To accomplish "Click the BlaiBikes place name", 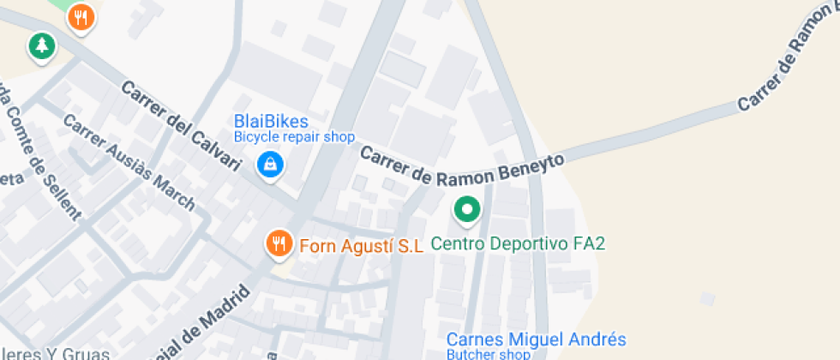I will (x=271, y=122).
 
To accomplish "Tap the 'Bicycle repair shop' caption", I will (x=294, y=137).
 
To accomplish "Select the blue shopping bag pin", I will (x=271, y=165).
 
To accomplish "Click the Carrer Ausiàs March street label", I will (x=129, y=163).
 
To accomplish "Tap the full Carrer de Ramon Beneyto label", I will (x=462, y=168).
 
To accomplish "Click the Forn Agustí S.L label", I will (x=361, y=246).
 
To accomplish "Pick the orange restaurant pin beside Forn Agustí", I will (x=278, y=243).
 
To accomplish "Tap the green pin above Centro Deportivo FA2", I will (x=466, y=209).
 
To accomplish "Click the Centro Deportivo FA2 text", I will (x=518, y=244).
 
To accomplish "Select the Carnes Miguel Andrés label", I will (x=536, y=339).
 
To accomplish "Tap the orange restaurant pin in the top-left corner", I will (x=81, y=16).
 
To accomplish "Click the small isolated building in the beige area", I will (x=706, y=298).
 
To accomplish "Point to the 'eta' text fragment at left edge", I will (x=10, y=178).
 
